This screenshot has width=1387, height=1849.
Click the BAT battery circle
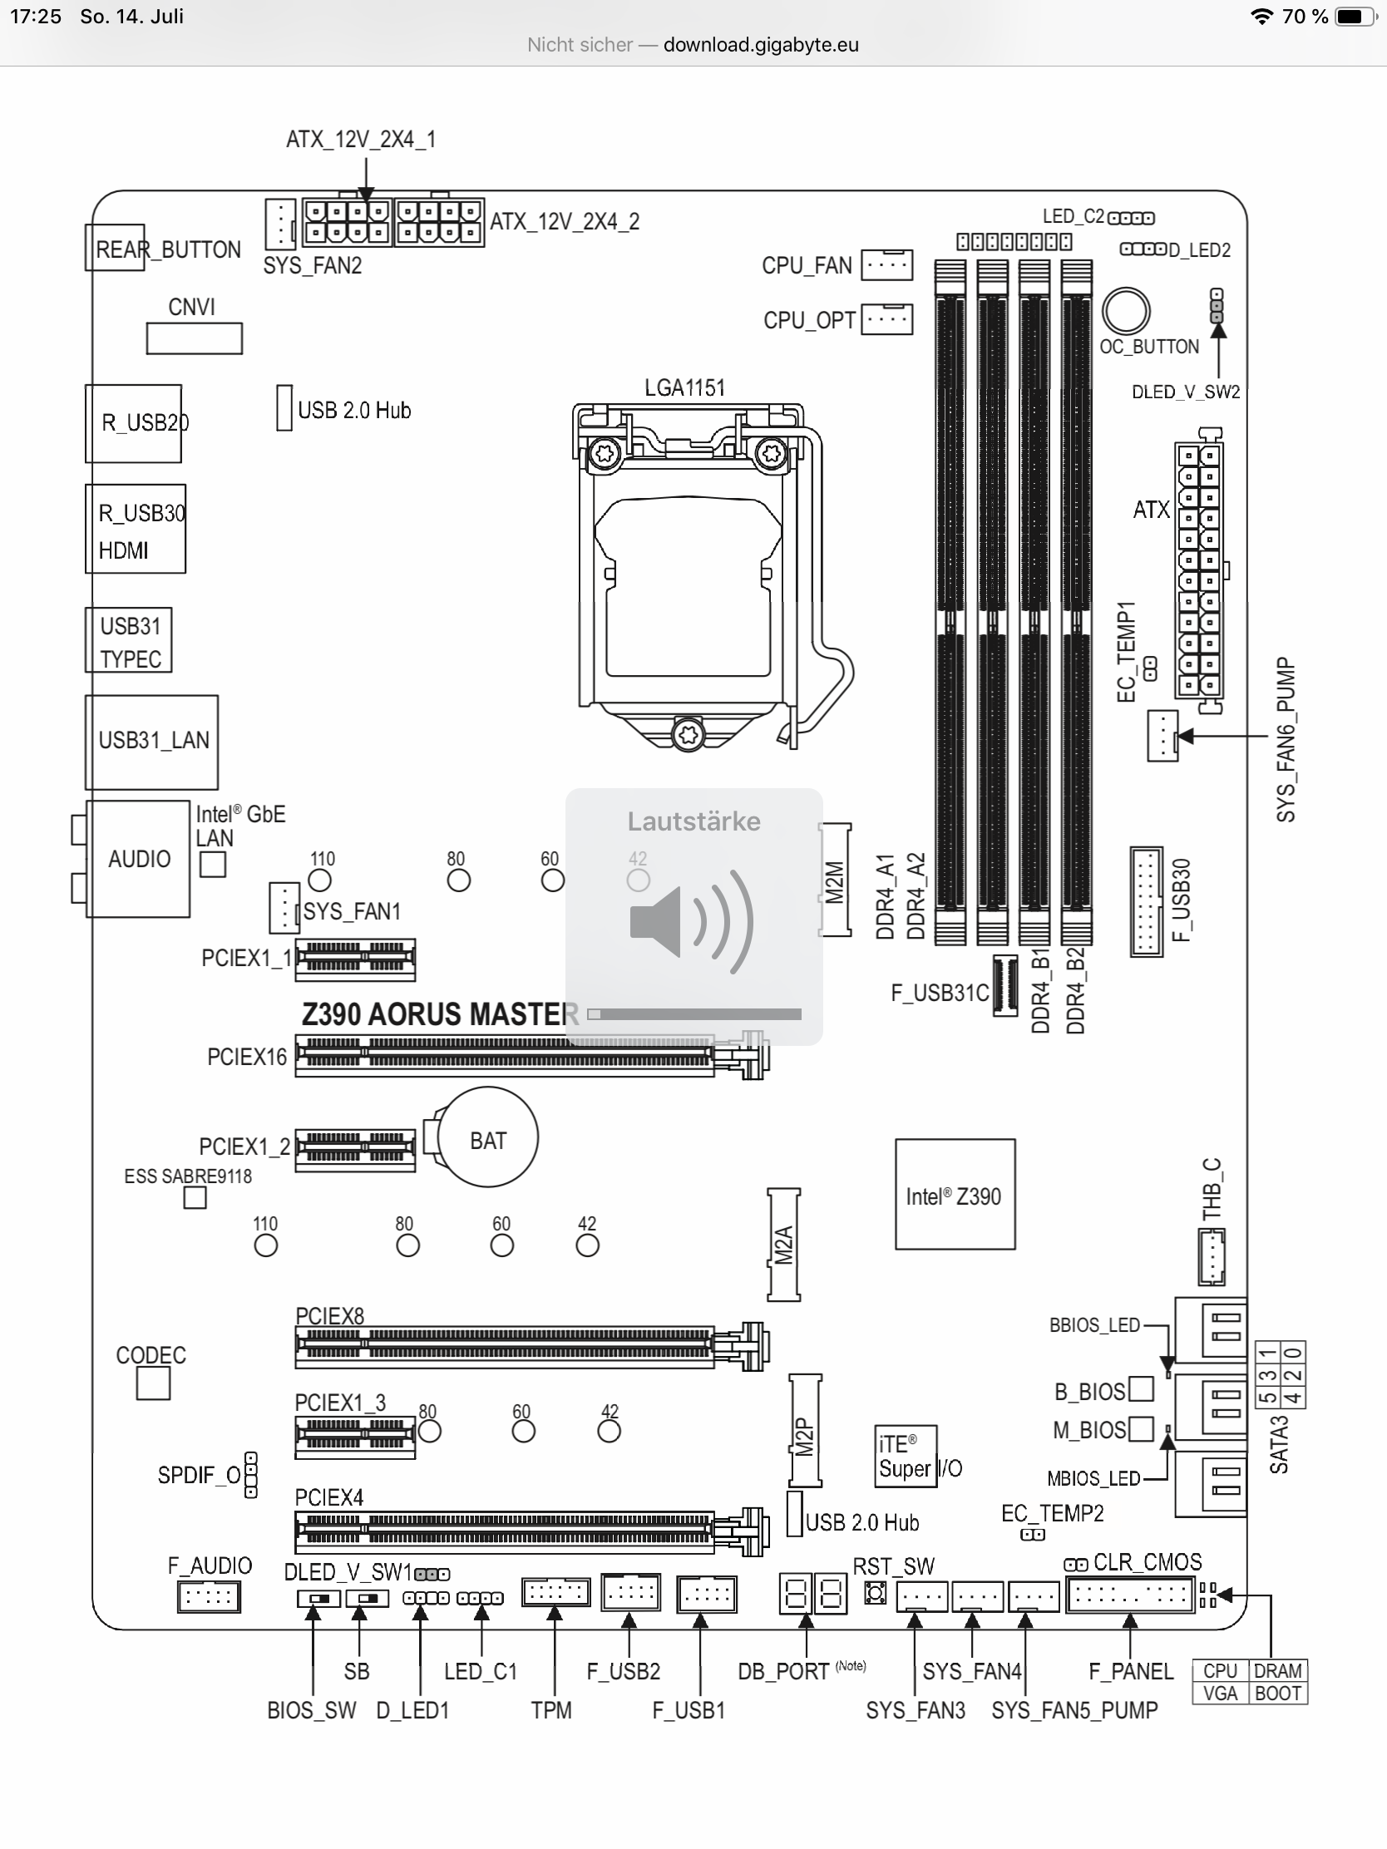click(488, 1137)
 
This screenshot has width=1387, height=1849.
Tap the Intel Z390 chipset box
click(955, 1195)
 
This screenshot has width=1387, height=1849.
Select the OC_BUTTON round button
click(1125, 311)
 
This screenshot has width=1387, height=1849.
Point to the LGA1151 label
click(684, 388)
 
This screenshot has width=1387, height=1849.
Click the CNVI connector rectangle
click(194, 338)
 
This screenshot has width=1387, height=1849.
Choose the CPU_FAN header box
click(887, 265)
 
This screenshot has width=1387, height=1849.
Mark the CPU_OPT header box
click(887, 319)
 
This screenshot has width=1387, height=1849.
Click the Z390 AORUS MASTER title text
click(440, 1014)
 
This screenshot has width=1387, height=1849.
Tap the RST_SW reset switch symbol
click(876, 1593)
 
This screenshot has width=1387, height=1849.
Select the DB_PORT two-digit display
click(812, 1593)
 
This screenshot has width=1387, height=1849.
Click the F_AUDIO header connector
click(208, 1597)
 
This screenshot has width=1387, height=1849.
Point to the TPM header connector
click(555, 1591)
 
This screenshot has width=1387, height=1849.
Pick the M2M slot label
click(835, 880)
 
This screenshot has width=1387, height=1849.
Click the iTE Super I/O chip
click(906, 1457)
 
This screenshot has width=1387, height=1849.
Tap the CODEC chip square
click(153, 1384)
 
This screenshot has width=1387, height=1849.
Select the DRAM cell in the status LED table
click(1277, 1671)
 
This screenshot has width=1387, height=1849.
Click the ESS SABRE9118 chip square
click(195, 1198)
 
